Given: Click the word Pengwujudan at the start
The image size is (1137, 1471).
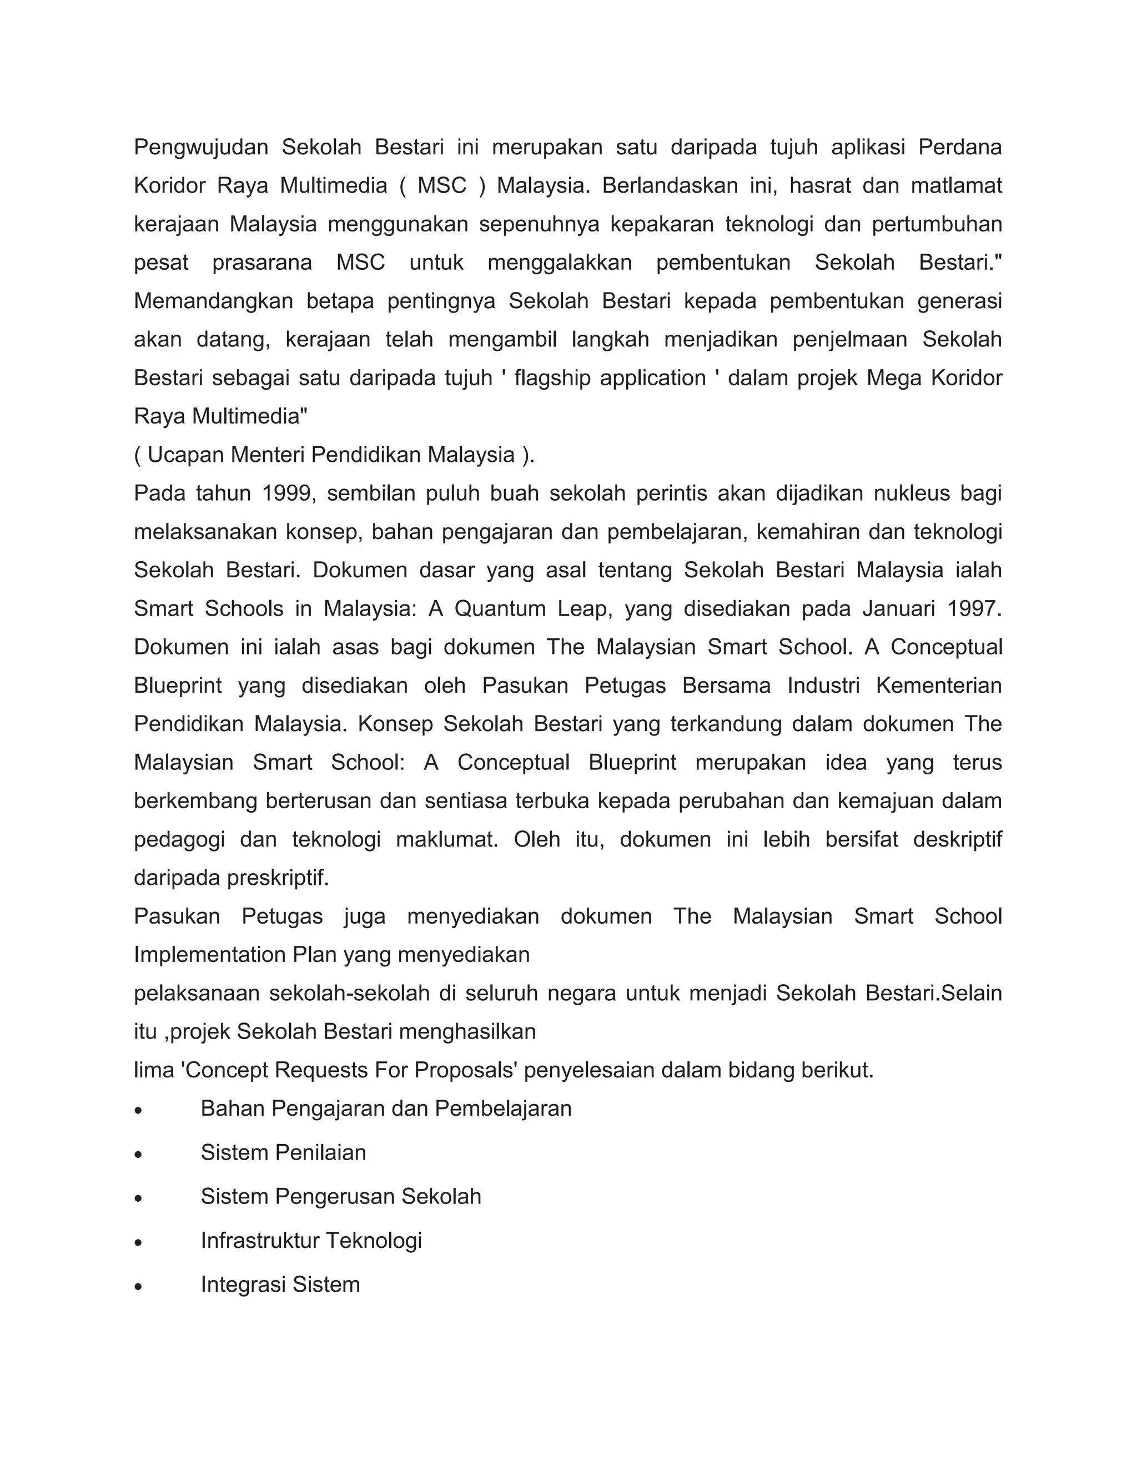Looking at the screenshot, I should point(202,147).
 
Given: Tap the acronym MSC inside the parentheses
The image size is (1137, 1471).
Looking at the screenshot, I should point(442,185).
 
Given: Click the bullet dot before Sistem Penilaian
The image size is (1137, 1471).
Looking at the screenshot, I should point(138,1155).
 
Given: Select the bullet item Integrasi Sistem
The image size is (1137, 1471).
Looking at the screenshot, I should point(280,1284).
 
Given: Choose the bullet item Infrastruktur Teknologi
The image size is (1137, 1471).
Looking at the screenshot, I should point(311,1241).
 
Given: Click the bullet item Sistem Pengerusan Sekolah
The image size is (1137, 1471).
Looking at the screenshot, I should point(341,1197).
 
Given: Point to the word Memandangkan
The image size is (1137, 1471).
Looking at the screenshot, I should point(214,301).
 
